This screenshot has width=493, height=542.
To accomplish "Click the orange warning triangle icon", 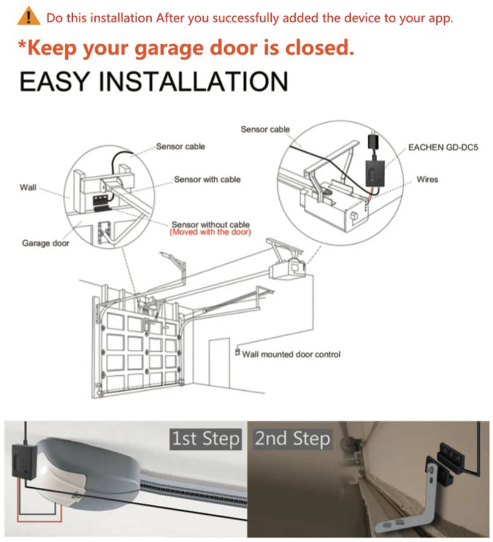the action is pyautogui.click(x=28, y=16).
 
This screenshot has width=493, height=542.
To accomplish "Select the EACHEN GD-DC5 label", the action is pyautogui.click(x=443, y=148).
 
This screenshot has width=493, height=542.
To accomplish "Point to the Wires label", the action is pyautogui.click(x=427, y=179).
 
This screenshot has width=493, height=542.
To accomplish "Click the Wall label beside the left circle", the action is pyautogui.click(x=28, y=187).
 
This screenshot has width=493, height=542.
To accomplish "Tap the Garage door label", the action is pyautogui.click(x=46, y=243).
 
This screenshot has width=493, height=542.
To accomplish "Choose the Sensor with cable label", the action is pyautogui.click(x=207, y=179).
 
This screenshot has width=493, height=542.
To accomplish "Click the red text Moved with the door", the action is pyautogui.click(x=210, y=232).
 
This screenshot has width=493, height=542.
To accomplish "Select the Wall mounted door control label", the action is pyautogui.click(x=291, y=354).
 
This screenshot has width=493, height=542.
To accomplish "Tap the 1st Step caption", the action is pyautogui.click(x=206, y=438).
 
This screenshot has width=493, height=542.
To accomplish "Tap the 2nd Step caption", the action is pyautogui.click(x=293, y=438).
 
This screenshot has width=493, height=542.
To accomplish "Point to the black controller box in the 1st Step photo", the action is pyautogui.click(x=24, y=461).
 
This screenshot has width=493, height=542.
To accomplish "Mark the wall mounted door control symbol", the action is pyautogui.click(x=237, y=352).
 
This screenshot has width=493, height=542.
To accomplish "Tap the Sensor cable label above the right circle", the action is pyautogui.click(x=265, y=129).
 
